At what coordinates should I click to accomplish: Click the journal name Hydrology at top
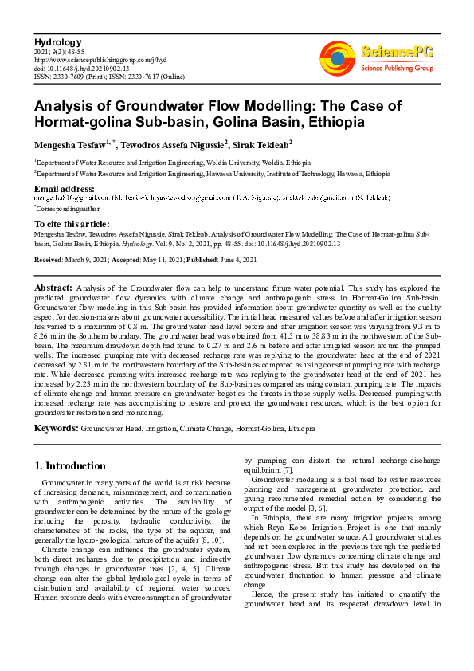57,41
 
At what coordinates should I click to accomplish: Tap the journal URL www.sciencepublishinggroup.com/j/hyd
100,59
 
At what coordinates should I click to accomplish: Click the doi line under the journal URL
77,67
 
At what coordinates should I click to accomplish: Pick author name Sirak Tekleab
265,144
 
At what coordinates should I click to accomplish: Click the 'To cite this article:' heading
72,224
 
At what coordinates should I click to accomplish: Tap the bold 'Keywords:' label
56,428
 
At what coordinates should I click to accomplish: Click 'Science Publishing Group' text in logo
395,69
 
